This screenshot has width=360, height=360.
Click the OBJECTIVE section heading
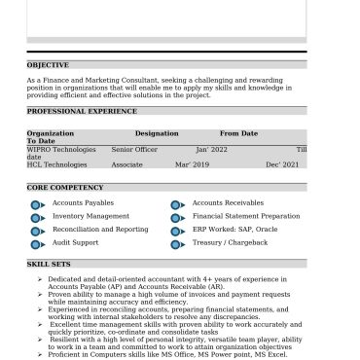pos(49,65)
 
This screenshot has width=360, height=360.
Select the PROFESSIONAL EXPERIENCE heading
pos(82,112)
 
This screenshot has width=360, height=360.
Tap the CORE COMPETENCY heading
pos(65,187)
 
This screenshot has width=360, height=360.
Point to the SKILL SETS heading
pos(49,264)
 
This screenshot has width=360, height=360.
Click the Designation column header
pos(157,133)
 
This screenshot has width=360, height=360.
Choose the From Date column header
pos(238,133)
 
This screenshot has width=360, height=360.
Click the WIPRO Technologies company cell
pos(61,150)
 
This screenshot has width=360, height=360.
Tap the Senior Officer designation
pos(134,150)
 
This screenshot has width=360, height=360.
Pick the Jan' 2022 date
pos(211,150)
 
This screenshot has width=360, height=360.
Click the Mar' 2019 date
pos(192,165)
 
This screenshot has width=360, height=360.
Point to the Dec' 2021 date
pos(282,165)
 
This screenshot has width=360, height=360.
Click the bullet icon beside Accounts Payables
pos(37,204)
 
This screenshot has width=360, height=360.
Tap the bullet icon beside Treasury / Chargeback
pos(177,244)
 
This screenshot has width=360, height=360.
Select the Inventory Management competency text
pos(90,216)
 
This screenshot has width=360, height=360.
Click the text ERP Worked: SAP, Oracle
pos(234,229)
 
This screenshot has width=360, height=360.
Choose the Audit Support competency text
pos(75,242)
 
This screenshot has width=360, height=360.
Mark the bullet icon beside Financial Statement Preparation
pos(177,218)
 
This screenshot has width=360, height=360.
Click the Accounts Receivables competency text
pos(228,202)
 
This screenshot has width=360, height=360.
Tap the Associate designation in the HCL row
pos(126,165)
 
